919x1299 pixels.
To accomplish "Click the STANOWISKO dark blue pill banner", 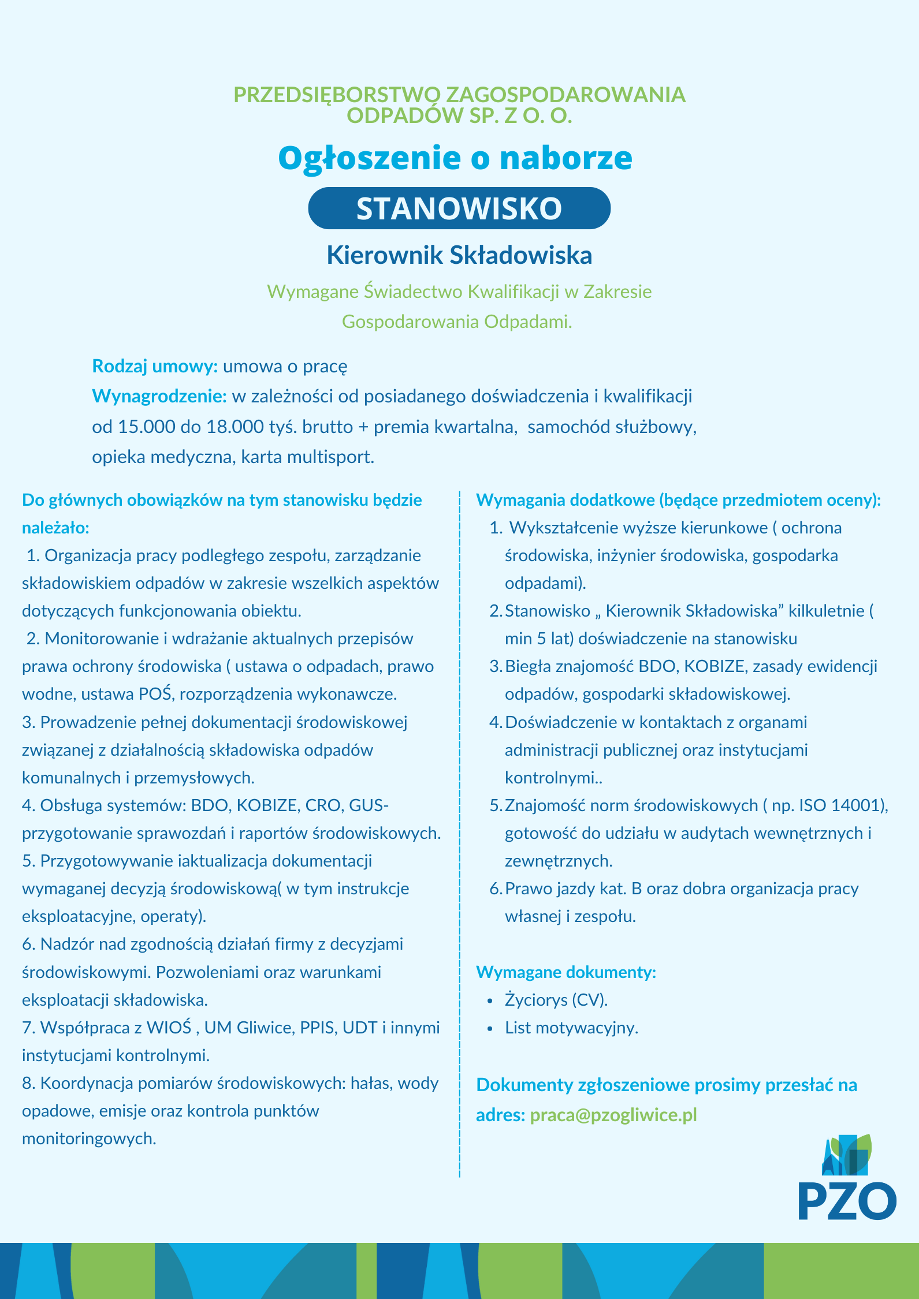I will [459, 208].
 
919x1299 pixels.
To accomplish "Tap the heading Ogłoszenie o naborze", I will [455, 158].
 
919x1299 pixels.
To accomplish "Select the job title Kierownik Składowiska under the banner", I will [459, 255].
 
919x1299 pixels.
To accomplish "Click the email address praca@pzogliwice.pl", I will [613, 1114].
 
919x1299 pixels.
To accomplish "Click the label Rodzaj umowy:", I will [155, 366].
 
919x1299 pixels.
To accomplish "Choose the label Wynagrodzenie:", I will [159, 396].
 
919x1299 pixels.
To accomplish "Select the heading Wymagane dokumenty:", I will [565, 972].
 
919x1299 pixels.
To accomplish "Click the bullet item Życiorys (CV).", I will [556, 1000].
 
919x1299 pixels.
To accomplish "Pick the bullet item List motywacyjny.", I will [571, 1028].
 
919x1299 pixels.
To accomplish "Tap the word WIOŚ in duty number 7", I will [169, 1028].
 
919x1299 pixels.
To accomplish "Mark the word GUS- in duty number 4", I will [369, 805].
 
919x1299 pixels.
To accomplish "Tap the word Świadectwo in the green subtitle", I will [413, 292].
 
